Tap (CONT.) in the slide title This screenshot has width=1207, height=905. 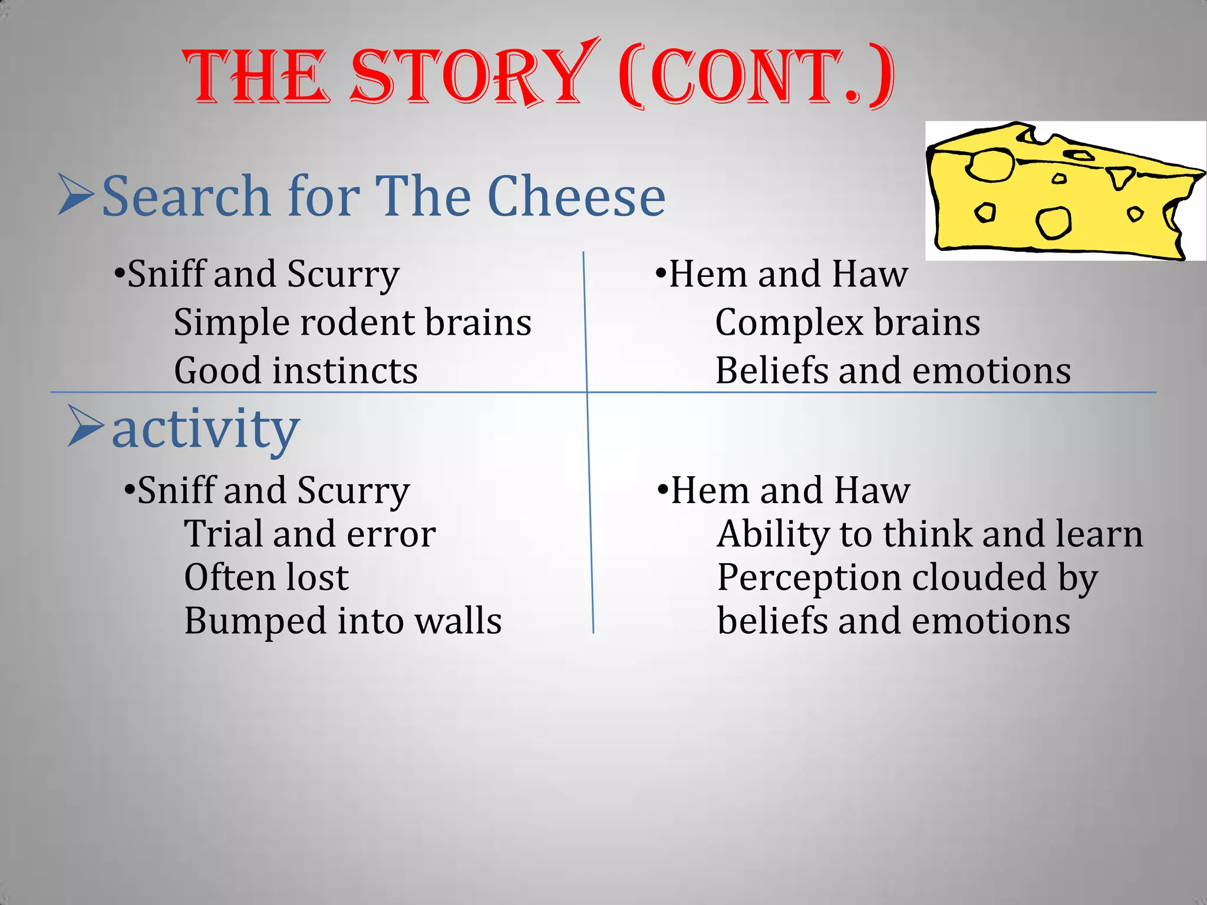click(x=757, y=77)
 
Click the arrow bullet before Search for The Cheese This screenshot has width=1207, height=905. click(x=75, y=194)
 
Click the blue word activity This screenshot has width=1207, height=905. click(x=206, y=429)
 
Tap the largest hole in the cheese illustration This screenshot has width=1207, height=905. click(x=990, y=165)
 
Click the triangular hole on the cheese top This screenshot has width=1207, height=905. click(x=1120, y=177)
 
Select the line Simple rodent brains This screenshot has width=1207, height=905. click(x=352, y=323)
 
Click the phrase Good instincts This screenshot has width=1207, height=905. click(x=296, y=371)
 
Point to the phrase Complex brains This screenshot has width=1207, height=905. click(x=847, y=323)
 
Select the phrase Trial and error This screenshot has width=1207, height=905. click(x=310, y=534)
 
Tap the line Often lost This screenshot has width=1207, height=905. click(x=266, y=577)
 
